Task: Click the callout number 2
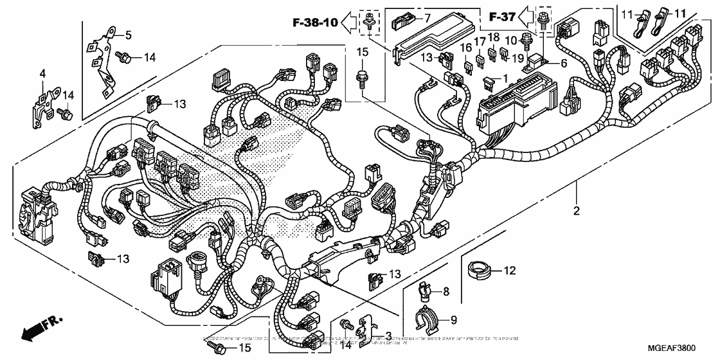[577, 211]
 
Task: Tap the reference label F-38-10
[311, 24]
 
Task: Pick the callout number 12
[509, 271]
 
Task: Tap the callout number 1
[505, 77]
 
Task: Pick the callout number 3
[388, 335]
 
